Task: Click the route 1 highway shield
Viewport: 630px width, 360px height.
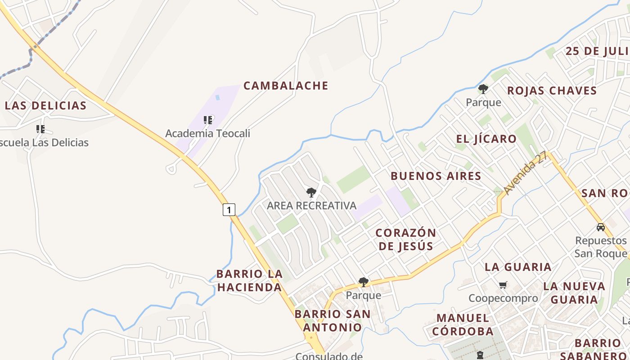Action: coord(229,209)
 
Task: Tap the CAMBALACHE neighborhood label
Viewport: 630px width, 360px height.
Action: coord(286,85)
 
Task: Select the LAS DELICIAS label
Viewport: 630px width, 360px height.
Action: coord(45,106)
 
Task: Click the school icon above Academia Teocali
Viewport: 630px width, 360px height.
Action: coord(207,120)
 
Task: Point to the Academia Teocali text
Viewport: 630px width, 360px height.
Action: coord(207,134)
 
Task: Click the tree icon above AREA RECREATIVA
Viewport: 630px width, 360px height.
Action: coord(311,193)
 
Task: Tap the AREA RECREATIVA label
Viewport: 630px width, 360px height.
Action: coord(311,206)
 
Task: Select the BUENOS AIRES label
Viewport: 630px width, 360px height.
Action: coord(436,176)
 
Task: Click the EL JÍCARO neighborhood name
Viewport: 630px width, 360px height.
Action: coord(486,139)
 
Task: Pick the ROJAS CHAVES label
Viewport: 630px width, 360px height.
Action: coord(552,91)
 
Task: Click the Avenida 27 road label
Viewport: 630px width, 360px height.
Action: coord(526,173)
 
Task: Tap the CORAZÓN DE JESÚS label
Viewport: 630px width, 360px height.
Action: coord(406,239)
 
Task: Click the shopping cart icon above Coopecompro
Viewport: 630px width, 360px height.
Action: coord(503,285)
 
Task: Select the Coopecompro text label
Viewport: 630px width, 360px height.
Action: coord(503,298)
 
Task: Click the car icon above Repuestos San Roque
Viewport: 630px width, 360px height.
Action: coord(600,227)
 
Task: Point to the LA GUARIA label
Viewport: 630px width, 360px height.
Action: coord(518,267)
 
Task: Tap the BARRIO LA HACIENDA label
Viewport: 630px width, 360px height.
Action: coord(249,280)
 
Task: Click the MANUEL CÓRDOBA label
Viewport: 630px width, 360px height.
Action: coord(463,325)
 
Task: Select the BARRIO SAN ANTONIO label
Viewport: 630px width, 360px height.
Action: coord(333,320)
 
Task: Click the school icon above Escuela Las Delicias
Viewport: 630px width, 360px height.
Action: coord(40,129)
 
